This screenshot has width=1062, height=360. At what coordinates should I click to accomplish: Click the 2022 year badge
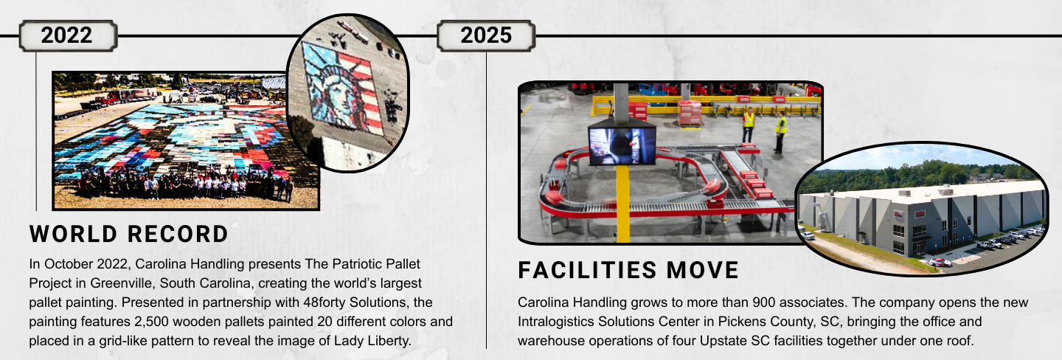(67, 35)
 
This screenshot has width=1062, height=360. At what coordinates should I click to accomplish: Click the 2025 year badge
(486, 35)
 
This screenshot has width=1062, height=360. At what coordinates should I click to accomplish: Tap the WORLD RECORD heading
(129, 235)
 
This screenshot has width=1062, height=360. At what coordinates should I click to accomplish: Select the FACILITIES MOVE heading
(628, 271)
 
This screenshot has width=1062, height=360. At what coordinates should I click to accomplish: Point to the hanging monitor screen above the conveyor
(622, 145)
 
